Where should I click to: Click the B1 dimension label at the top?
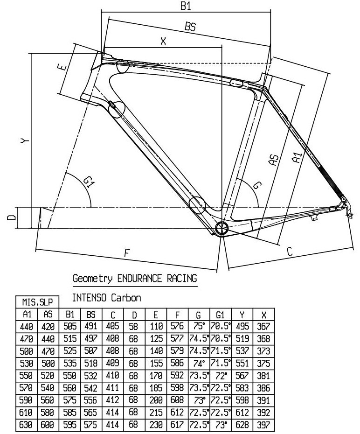pyautogui.click(x=186, y=7)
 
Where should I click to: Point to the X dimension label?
pyautogui.click(x=163, y=42)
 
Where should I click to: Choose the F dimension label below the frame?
pyautogui.click(x=126, y=253)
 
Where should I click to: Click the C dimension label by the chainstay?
pyautogui.click(x=289, y=252)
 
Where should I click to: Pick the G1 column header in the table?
pyautogui.click(x=219, y=316)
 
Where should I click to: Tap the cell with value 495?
pyautogui.click(x=242, y=327)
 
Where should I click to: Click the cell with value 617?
pyautogui.click(x=177, y=426)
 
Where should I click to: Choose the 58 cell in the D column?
pyautogui.click(x=133, y=327)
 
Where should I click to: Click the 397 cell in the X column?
pyautogui.click(x=263, y=426)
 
